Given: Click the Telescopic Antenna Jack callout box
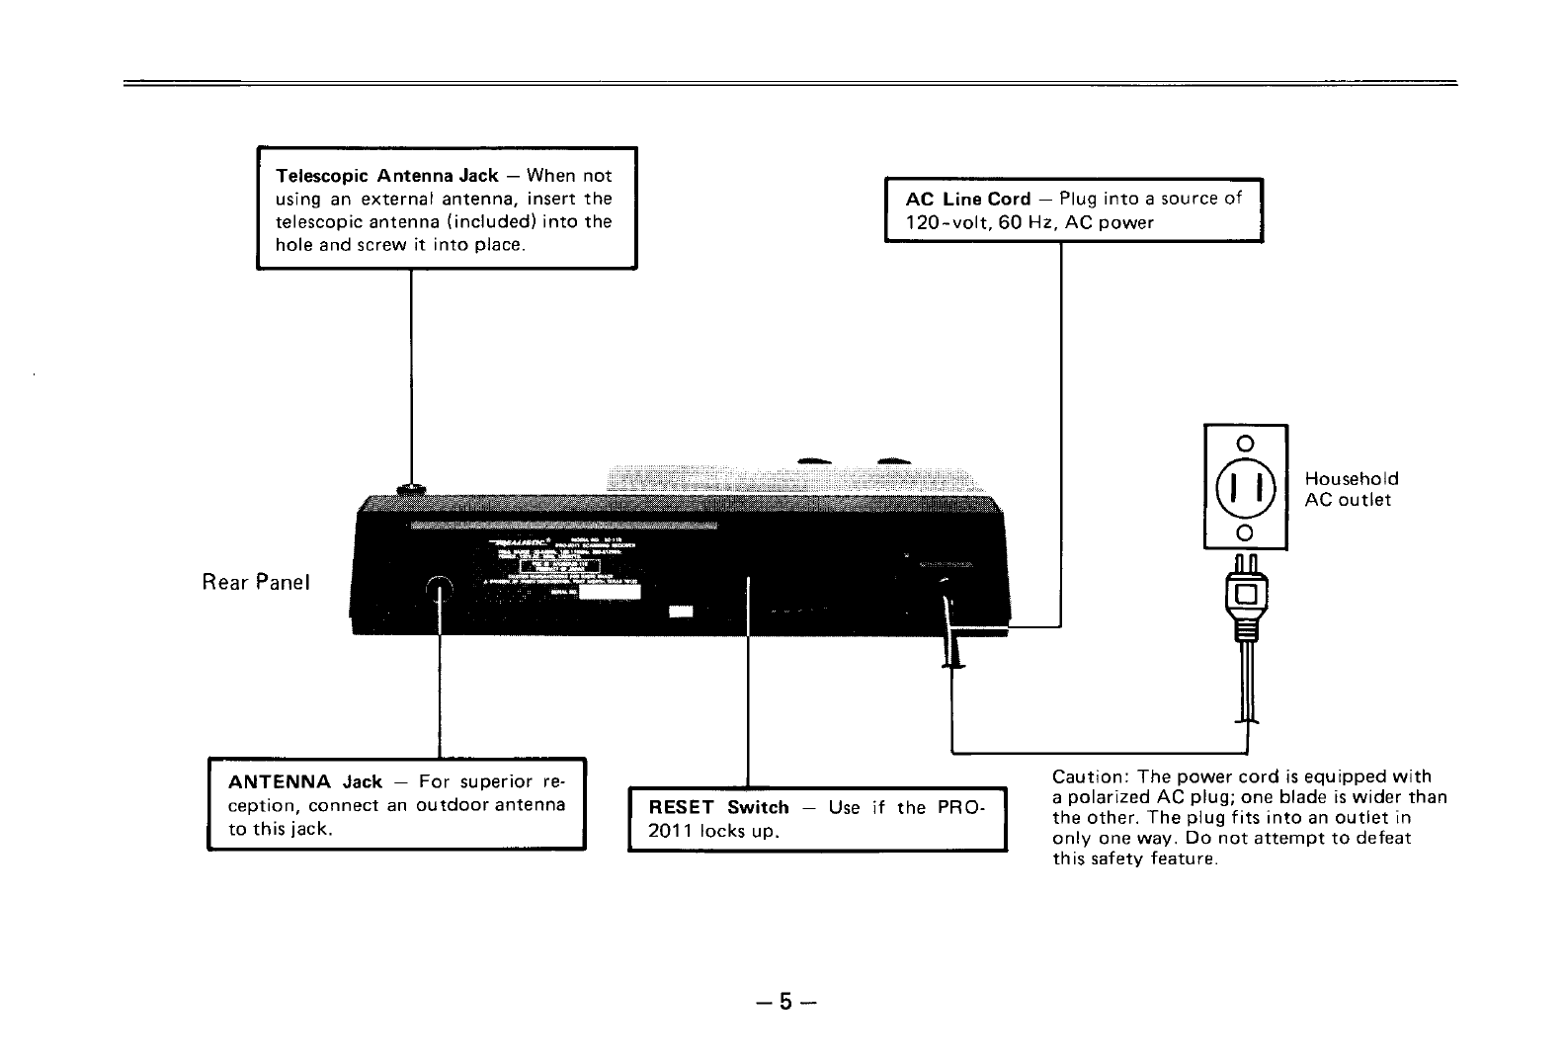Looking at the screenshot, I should (x=447, y=207).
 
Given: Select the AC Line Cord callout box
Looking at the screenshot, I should (x=1073, y=209).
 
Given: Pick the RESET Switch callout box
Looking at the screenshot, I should (x=816, y=819).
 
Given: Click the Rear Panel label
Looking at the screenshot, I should (x=256, y=582).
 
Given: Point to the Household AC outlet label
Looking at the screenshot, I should (x=1351, y=489).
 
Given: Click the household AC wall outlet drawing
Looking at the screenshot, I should (x=1245, y=486).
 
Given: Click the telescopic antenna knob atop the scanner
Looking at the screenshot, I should (x=411, y=488).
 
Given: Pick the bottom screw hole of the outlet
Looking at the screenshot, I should (x=1245, y=533).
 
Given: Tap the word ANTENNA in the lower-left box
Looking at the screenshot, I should (x=279, y=782).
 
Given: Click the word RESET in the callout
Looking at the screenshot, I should (x=682, y=808).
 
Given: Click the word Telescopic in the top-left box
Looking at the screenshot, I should (x=323, y=176).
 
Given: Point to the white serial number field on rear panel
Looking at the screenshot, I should (x=608, y=595).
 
